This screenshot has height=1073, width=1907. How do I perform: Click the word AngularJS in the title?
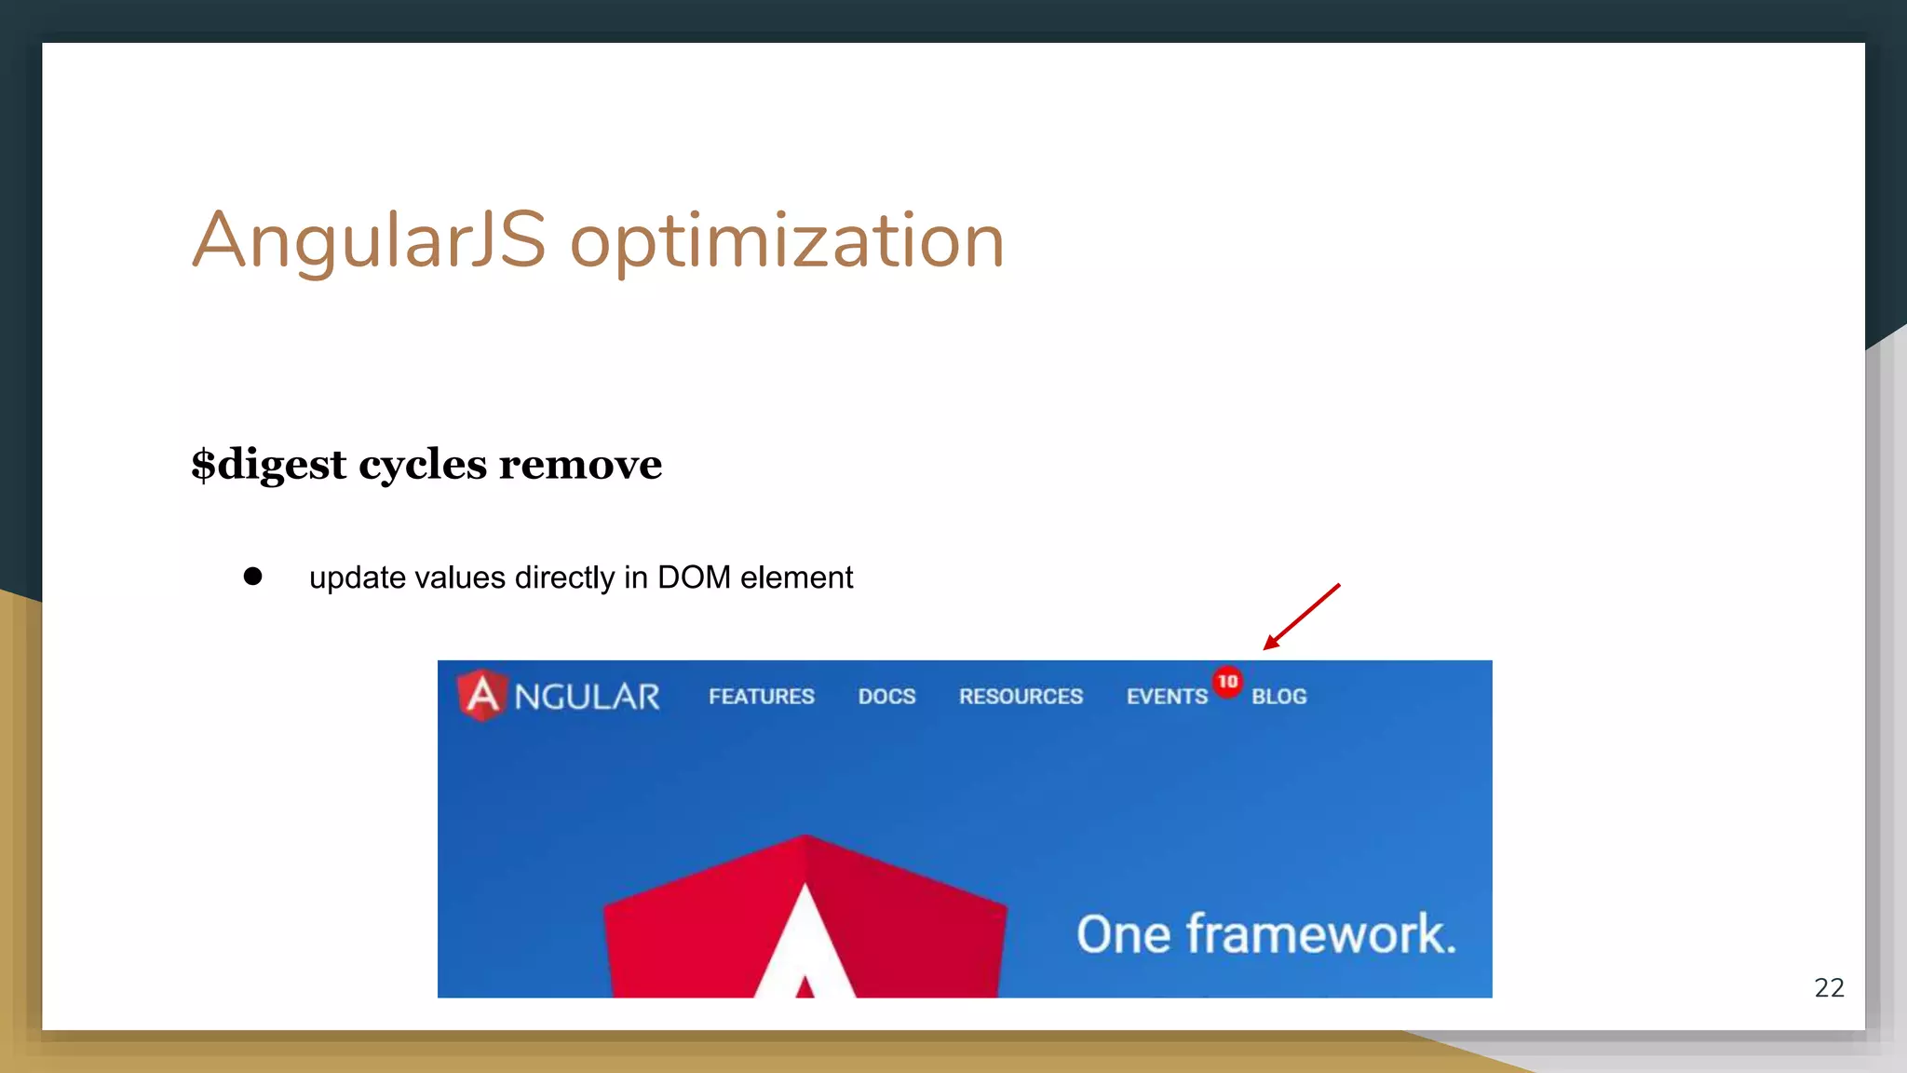[369, 240]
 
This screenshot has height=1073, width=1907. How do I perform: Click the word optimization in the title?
[787, 242]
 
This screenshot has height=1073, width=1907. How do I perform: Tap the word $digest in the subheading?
[268, 465]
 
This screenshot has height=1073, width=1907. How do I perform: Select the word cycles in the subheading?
[422, 465]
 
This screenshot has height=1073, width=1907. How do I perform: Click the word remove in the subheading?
[580, 464]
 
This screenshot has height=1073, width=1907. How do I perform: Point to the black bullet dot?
[252, 577]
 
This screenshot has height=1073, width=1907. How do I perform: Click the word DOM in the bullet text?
[694, 577]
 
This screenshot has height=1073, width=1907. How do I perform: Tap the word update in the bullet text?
[357, 578]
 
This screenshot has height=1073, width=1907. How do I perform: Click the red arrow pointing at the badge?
[1302, 616]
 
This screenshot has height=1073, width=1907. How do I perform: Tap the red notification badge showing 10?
[1227, 682]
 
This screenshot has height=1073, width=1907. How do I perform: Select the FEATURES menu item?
[761, 697]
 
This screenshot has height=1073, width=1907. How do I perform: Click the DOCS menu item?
[886, 697]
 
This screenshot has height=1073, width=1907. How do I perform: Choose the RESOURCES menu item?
[1021, 697]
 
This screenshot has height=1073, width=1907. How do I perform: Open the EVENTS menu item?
[1166, 697]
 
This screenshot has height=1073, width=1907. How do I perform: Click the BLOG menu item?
[1278, 697]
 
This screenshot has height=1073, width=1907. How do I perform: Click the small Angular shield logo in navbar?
[482, 695]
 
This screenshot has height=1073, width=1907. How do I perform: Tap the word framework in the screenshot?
[1319, 934]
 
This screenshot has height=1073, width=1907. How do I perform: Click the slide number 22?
[1829, 987]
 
